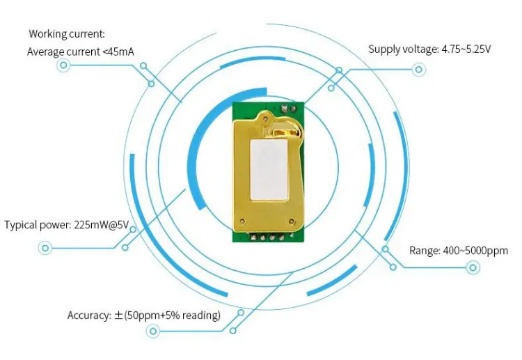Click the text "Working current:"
coord(67,34)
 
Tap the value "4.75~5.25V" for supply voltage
coord(466,49)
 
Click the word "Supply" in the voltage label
coord(384,49)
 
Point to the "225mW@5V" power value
coord(102,225)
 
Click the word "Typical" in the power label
coord(20,225)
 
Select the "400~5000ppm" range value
coord(476,251)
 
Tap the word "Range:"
coord(425,251)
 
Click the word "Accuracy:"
coord(89,315)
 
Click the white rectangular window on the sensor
coord(269,170)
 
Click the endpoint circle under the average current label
coord(63,65)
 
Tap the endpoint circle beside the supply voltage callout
coord(419,70)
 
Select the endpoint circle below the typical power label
coord(45,248)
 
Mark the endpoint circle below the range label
coord(473,267)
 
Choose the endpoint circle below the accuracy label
coord(153,331)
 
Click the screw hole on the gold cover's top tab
coord(265,118)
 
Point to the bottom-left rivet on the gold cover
coord(242,221)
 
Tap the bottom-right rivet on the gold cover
coord(292,221)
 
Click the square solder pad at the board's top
coord(285,109)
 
